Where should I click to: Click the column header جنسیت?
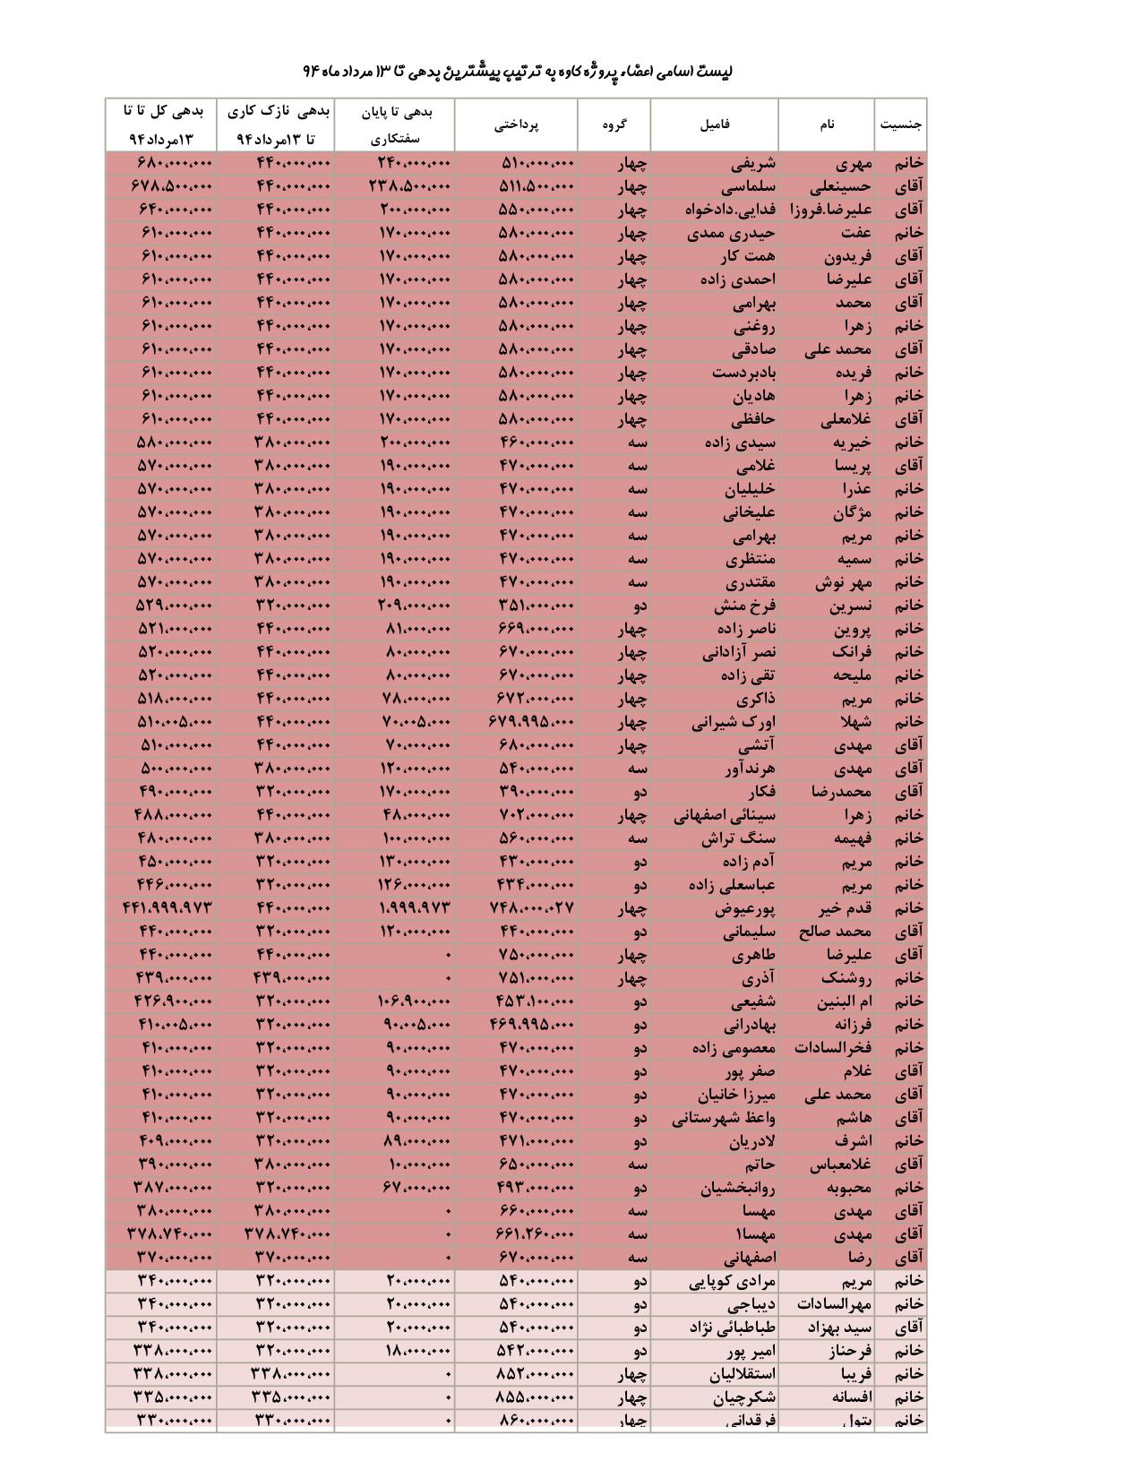(900, 125)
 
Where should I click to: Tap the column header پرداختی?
(517, 125)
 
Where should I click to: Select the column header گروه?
(614, 125)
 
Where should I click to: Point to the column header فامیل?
(715, 125)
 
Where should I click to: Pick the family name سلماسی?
(747, 187)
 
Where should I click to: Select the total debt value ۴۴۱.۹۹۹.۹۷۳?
(167, 908)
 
